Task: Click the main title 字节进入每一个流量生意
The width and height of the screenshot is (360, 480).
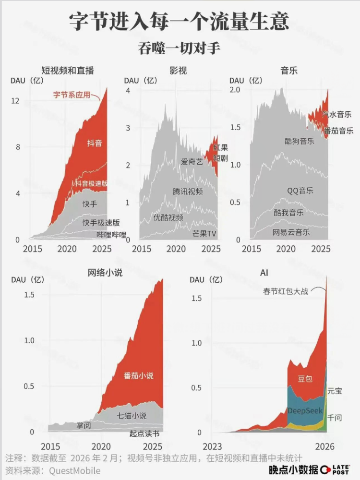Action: tap(180, 22)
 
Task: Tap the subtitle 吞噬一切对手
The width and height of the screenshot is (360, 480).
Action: tap(180, 49)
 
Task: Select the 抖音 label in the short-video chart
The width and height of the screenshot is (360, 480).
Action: tap(95, 143)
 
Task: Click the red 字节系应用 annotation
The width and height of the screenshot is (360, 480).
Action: tap(72, 95)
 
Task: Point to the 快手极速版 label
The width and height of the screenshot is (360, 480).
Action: tap(101, 223)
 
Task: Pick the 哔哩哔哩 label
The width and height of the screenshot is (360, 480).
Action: tap(111, 235)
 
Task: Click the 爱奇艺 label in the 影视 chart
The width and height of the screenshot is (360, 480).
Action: tap(192, 162)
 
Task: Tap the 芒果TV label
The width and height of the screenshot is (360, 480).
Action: tap(204, 234)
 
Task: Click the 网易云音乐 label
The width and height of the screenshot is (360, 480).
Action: tap(291, 232)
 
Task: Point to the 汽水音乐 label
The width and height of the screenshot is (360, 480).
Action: tap(337, 114)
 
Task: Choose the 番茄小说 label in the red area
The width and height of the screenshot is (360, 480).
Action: tap(139, 376)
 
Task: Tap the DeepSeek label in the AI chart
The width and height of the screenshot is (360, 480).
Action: tap(305, 411)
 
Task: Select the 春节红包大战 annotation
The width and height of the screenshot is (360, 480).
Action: tap(286, 291)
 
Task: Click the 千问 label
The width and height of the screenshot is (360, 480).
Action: tap(335, 418)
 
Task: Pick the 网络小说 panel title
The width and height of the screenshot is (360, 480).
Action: tap(105, 273)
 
